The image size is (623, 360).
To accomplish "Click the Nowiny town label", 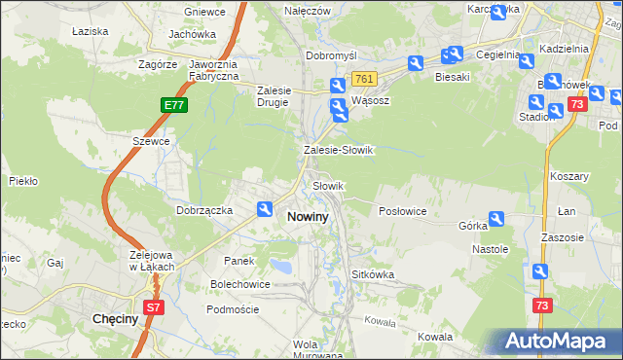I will (312, 217).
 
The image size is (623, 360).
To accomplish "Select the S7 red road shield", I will (153, 307).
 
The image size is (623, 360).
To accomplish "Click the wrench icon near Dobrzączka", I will (265, 208).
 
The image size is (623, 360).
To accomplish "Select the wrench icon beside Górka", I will (497, 220).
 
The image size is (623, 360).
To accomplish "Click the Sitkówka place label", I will (373, 274).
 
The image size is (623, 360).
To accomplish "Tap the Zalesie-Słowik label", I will (339, 151).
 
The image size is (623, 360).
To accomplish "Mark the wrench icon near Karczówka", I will (499, 13).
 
